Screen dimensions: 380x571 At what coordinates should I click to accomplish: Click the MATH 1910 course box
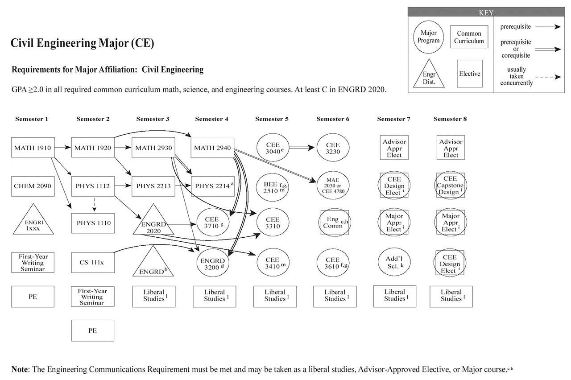click(33, 148)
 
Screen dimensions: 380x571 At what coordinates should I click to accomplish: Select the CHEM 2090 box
click(33, 186)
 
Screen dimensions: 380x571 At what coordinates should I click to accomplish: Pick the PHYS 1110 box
click(93, 223)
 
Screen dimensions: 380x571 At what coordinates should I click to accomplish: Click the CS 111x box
click(93, 262)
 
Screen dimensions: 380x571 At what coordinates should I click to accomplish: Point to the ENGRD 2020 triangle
click(153, 222)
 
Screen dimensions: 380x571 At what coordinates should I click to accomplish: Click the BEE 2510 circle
click(273, 186)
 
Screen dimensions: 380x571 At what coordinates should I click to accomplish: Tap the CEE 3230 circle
click(333, 148)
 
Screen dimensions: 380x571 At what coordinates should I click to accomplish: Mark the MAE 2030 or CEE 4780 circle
click(333, 186)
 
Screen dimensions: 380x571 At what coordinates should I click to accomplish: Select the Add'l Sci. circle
click(394, 262)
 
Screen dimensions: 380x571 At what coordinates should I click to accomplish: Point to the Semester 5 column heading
click(272, 119)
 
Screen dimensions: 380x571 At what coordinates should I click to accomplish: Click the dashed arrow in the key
click(548, 77)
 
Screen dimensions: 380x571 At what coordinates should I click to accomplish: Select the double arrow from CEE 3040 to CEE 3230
click(302, 148)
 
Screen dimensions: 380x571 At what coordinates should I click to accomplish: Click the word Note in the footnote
click(20, 369)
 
